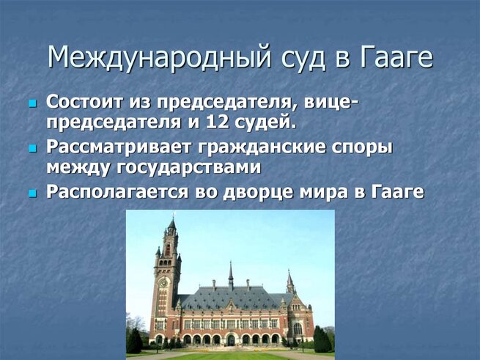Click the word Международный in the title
[160, 58]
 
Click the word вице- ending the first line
[331, 103]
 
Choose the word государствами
[188, 168]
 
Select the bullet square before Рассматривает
[32, 149]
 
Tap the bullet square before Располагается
[32, 194]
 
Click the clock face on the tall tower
[163, 282]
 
